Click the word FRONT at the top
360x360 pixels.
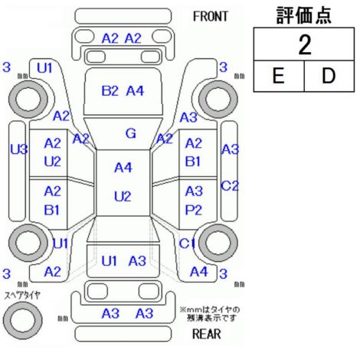click(x=211, y=17)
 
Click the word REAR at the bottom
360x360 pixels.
click(x=207, y=334)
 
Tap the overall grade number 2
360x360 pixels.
click(x=305, y=44)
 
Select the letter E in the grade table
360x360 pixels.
click(x=278, y=76)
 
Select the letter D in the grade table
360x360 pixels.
click(x=329, y=76)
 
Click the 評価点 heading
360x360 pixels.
click(x=304, y=15)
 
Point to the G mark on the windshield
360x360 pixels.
click(x=131, y=133)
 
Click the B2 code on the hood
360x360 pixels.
click(x=110, y=91)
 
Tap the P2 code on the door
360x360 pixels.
click(x=193, y=210)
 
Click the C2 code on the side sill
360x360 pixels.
click(x=230, y=186)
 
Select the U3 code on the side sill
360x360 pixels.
click(x=19, y=149)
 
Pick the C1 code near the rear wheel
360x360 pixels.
click(x=187, y=244)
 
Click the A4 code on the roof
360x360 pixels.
click(x=123, y=168)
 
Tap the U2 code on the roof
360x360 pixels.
click(x=123, y=197)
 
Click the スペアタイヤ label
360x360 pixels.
click(x=22, y=296)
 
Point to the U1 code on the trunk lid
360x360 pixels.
click(x=110, y=261)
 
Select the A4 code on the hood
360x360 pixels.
click(x=135, y=91)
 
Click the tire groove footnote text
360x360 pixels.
click(x=210, y=314)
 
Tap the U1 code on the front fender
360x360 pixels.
click(x=44, y=68)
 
